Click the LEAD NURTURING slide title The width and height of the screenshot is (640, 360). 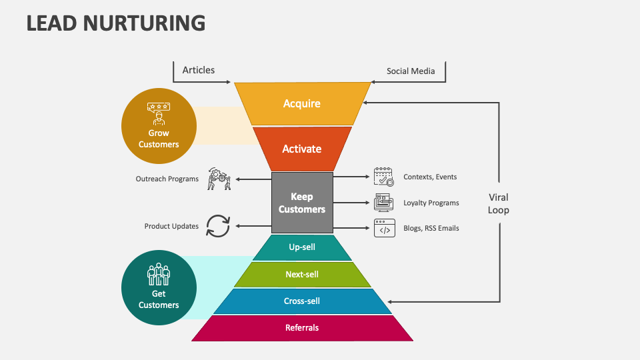pos(115,23)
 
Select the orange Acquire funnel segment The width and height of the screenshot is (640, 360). pos(302,103)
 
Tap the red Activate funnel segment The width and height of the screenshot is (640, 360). pos(302,149)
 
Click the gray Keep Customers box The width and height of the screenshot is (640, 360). pos(302,203)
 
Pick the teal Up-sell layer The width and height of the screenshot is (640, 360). pos(302,247)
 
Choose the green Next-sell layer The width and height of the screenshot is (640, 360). pos(302,274)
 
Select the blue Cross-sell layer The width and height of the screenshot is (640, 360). pos(302,301)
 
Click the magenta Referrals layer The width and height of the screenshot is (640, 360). pos(302,327)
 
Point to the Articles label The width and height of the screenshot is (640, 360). pos(199,70)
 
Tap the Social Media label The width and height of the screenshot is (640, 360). pos(411,71)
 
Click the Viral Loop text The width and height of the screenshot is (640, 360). pos(498,203)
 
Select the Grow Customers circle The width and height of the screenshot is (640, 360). pos(159,126)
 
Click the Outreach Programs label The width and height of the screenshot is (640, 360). pos(167,179)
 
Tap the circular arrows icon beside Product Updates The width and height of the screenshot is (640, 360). pos(217,225)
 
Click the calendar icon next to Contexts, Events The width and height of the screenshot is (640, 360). pos(383,177)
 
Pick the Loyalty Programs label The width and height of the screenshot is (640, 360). pos(431,203)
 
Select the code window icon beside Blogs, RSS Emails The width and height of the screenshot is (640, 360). pos(384,228)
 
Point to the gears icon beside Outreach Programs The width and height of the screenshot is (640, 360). pos(219,179)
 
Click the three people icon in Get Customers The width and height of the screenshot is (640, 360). pos(159,274)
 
